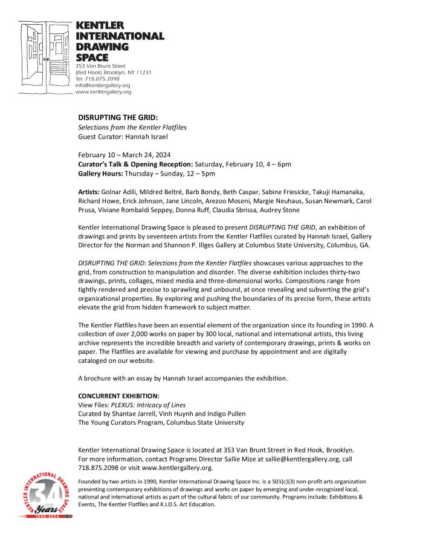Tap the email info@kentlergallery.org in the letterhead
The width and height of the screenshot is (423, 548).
tap(103, 85)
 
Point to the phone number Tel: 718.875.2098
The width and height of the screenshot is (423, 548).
tap(97, 79)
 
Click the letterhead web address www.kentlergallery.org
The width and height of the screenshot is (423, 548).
tap(103, 92)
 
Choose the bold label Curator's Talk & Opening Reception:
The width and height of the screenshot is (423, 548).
tap(135, 164)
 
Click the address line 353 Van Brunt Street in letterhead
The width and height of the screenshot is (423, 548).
tap(100, 65)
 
